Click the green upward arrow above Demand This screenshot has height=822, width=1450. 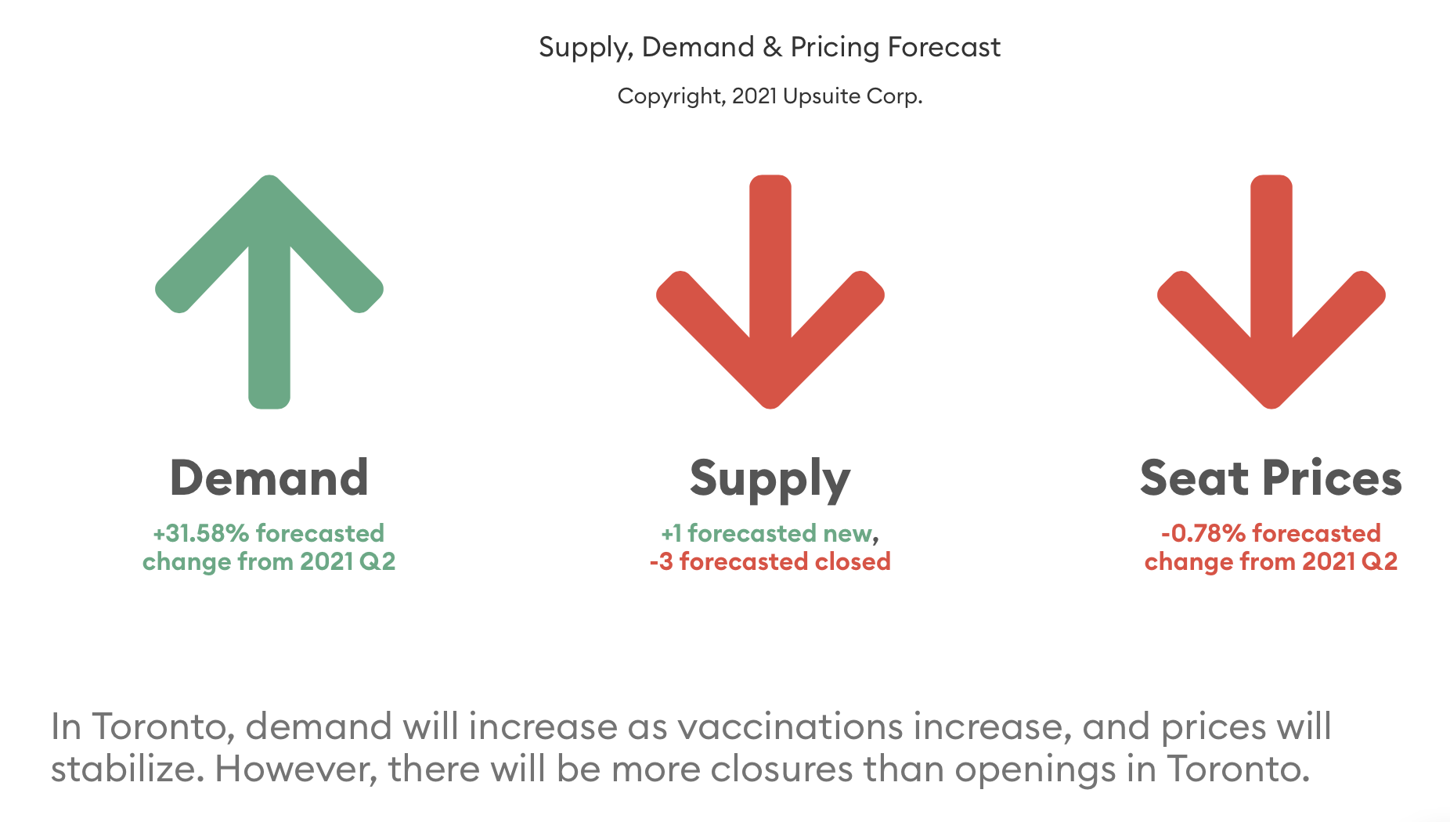point(269,291)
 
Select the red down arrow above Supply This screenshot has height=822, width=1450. point(770,291)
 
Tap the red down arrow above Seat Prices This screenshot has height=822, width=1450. point(1271,291)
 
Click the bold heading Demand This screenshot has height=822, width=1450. point(269,478)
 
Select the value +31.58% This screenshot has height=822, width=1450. point(200,533)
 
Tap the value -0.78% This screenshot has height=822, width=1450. point(1203,533)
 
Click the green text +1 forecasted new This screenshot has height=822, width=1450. point(766,533)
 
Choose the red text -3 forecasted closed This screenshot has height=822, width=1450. point(770,561)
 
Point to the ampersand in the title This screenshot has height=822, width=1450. point(772,47)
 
